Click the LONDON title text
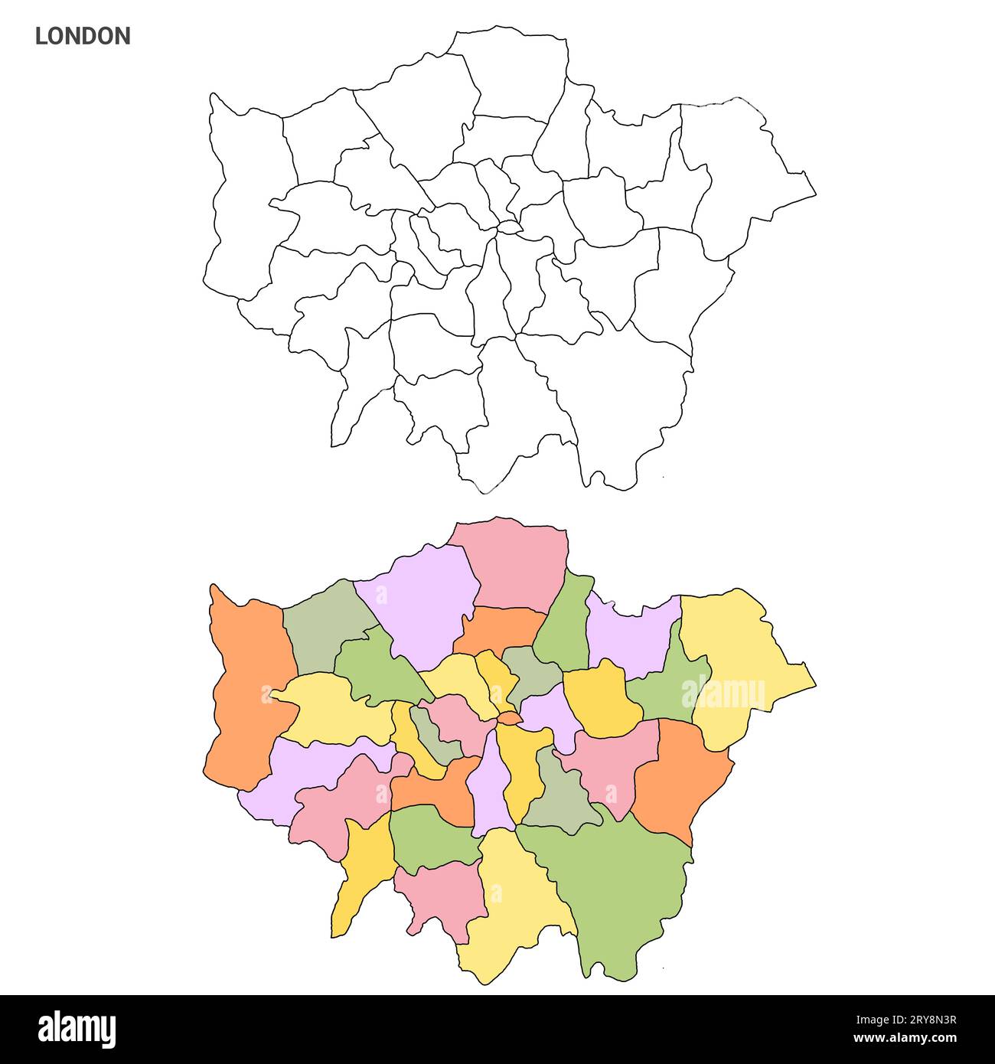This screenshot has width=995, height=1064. click(x=83, y=36)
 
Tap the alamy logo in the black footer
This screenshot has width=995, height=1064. click(x=77, y=1029)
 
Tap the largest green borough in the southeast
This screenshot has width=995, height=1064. click(x=620, y=888)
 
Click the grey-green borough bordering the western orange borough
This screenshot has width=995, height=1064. click(x=321, y=628)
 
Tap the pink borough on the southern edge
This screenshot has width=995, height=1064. click(x=444, y=896)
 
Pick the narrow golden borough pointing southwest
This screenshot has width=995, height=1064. click(x=360, y=873)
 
